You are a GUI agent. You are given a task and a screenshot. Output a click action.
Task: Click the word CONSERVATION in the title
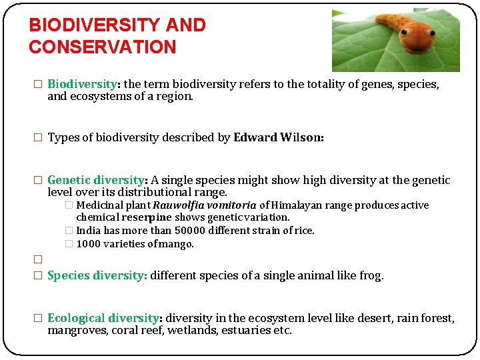pos(102,47)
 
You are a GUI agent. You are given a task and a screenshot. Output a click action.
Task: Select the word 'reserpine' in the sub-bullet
pos(149,217)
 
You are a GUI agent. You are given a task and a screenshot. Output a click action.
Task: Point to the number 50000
pos(191,231)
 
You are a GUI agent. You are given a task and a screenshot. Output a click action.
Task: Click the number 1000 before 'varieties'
pos(89,244)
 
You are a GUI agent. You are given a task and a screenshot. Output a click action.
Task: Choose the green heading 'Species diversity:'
pos(97,275)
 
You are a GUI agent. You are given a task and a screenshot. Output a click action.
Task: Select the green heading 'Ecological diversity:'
pos(105,318)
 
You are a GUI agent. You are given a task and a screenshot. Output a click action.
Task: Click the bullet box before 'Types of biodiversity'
pos(38,138)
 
